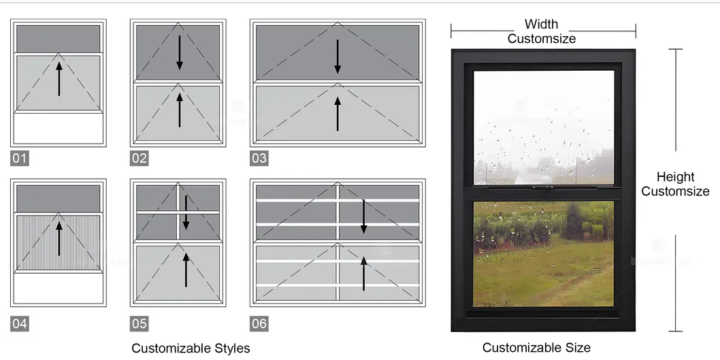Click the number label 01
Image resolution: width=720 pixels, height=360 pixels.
click(x=19, y=159)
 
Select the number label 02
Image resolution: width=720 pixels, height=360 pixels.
click(x=139, y=159)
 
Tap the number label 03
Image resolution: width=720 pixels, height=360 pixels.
click(x=259, y=159)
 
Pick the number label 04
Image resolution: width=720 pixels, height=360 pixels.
click(x=19, y=324)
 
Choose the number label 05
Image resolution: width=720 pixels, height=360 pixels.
click(x=139, y=324)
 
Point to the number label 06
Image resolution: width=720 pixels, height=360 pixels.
click(x=259, y=324)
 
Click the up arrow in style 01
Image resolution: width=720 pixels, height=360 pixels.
click(x=59, y=79)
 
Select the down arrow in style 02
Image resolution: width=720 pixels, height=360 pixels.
click(x=180, y=53)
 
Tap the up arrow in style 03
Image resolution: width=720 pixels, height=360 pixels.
click(x=338, y=114)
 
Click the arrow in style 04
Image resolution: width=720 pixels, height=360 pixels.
click(x=59, y=239)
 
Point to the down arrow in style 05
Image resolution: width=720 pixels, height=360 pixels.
click(x=186, y=212)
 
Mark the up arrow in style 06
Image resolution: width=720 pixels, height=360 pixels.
click(x=363, y=273)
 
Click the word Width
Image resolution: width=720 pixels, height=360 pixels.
click(x=542, y=24)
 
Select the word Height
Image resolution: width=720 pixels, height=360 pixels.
click(x=676, y=177)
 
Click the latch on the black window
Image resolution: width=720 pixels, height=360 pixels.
click(x=542, y=188)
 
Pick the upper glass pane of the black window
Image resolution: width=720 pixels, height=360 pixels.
click(x=544, y=128)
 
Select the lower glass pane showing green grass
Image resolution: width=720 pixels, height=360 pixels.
click(x=544, y=254)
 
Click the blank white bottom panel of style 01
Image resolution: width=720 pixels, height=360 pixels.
click(x=59, y=129)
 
